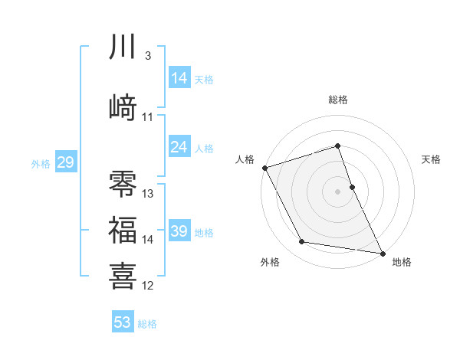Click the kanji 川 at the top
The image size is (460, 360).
123,48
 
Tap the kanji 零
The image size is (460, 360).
123,184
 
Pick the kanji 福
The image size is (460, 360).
123,230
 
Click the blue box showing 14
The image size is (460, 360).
179,78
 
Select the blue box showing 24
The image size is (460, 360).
179,147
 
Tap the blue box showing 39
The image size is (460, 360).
179,231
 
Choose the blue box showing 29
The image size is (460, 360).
65,162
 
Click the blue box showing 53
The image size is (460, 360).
123,322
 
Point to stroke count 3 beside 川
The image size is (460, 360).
147,56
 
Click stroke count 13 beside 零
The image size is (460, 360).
148,194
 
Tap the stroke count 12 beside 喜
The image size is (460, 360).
148,285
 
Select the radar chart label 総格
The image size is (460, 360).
338,100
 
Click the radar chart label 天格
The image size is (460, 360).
432,159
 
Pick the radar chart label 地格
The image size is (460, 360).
402,262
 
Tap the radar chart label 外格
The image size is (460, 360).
270,262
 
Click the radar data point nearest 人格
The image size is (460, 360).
264,168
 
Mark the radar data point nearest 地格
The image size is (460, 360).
382,252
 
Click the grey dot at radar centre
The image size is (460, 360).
338,191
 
